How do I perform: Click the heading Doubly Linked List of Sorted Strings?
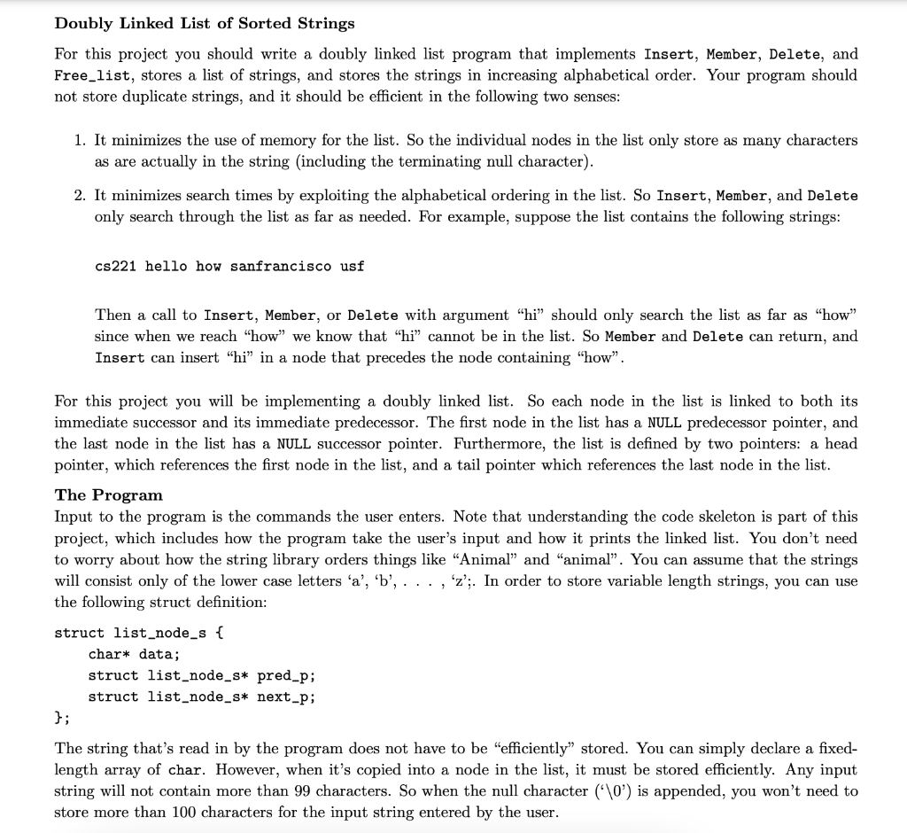[x=205, y=23]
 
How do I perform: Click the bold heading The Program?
[x=109, y=494]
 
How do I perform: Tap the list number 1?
[x=80, y=140]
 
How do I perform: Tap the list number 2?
[x=80, y=195]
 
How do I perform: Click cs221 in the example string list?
[x=115, y=266]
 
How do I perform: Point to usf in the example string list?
[x=352, y=266]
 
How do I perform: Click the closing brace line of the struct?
[x=61, y=718]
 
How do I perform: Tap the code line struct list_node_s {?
[x=141, y=633]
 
